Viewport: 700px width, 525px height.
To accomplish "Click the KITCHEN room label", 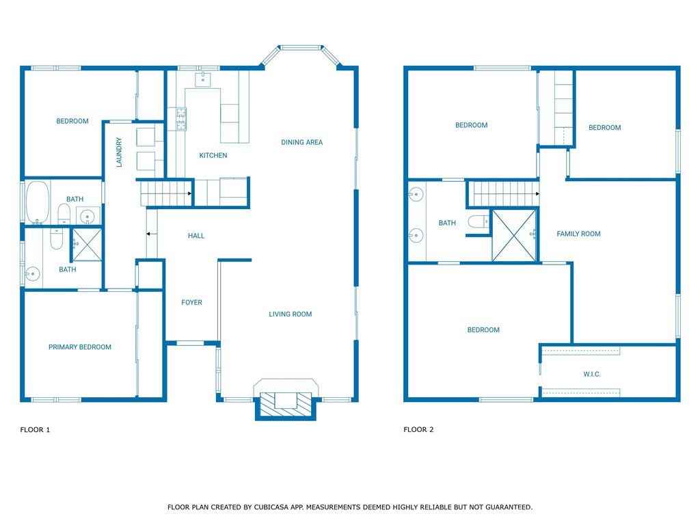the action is click(x=213, y=155).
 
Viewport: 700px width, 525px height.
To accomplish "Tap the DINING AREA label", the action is click(x=301, y=142).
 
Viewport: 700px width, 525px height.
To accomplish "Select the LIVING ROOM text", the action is click(x=290, y=314).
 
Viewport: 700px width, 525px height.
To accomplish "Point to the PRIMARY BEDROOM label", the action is click(x=80, y=347).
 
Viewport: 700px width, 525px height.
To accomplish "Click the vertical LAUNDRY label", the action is click(x=119, y=152).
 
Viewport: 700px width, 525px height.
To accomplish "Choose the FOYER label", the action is click(x=191, y=302).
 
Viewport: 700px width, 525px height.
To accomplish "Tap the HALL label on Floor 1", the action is click(x=196, y=236).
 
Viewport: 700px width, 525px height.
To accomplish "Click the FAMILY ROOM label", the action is click(x=578, y=234).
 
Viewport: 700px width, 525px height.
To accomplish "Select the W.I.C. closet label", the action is click(x=592, y=374).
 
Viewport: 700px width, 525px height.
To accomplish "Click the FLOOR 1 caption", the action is click(x=35, y=429).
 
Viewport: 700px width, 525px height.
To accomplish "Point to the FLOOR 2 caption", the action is click(x=418, y=429).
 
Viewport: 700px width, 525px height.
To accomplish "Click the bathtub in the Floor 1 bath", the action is click(x=38, y=202).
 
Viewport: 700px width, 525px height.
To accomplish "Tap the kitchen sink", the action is click(x=202, y=79).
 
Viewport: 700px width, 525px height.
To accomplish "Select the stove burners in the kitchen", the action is click(x=181, y=119).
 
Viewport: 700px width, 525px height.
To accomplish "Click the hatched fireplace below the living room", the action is click(x=286, y=405).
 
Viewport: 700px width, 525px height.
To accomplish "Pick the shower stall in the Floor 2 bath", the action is click(x=514, y=236).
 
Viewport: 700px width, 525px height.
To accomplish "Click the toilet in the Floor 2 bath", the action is click(x=479, y=221).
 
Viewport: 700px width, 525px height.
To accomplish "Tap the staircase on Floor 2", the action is click(x=503, y=193).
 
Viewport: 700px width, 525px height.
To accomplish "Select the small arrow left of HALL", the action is click(x=152, y=234).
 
